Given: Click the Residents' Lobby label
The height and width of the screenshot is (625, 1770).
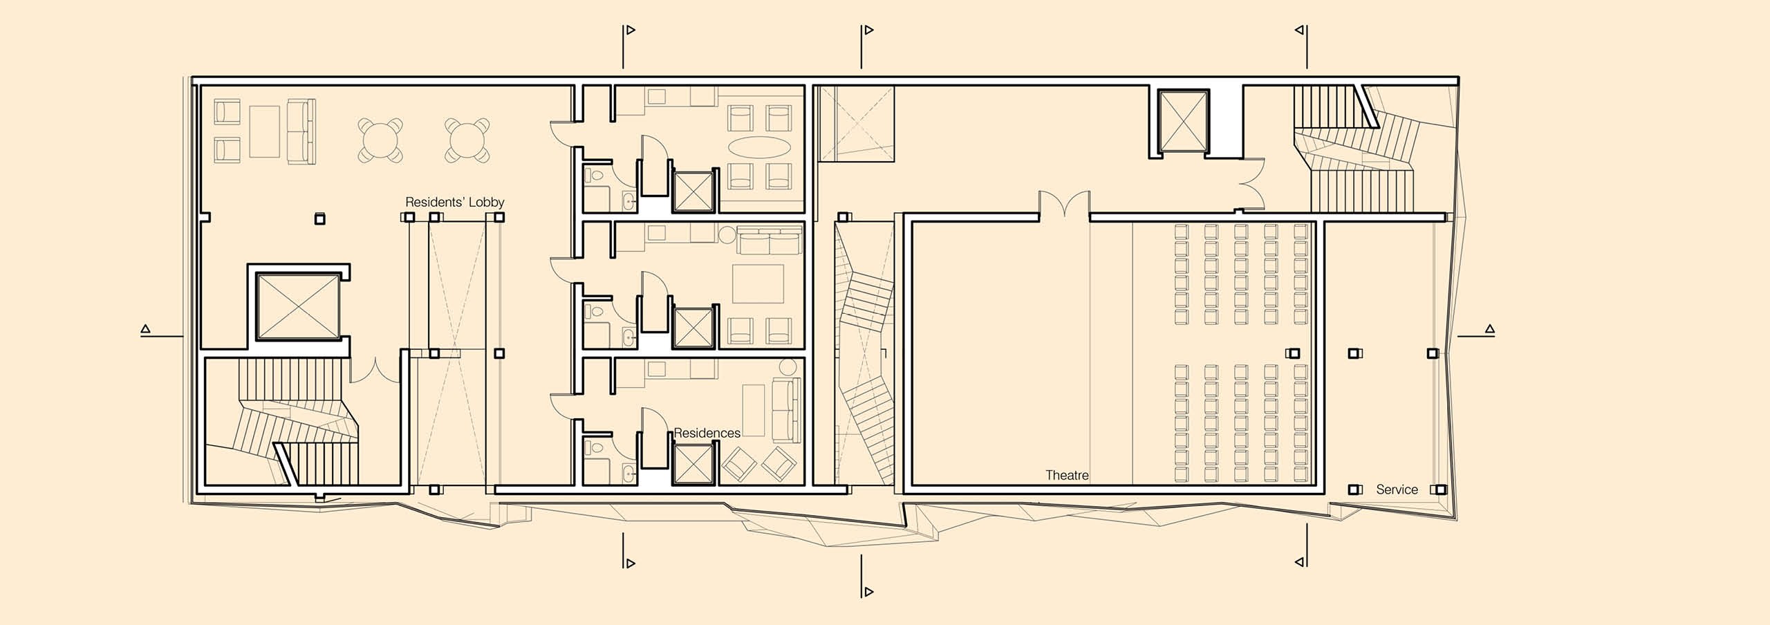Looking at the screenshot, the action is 454,203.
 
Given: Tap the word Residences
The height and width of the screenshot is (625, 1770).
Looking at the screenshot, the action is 707,433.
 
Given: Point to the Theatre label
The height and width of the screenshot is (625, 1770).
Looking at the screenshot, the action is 1067,476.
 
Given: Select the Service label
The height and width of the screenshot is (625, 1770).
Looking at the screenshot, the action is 1397,489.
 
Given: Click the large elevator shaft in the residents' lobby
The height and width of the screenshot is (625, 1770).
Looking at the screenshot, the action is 298,305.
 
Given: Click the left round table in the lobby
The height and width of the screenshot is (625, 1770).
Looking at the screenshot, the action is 380,140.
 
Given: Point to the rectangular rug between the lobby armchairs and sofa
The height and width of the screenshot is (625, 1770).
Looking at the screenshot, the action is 264,131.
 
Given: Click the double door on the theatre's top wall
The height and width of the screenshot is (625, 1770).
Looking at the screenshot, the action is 1065,204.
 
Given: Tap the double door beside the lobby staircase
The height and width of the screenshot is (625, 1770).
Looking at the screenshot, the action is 374,370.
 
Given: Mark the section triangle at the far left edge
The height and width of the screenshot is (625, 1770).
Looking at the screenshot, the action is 145,329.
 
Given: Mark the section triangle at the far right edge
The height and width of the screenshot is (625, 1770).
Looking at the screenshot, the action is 1490,329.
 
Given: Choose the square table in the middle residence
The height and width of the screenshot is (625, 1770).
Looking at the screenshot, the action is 758,283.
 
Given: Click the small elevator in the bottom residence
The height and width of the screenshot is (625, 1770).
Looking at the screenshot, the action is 692,465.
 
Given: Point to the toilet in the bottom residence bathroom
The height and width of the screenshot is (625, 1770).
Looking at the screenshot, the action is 593,448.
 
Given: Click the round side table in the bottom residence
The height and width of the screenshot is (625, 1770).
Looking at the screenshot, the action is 788,367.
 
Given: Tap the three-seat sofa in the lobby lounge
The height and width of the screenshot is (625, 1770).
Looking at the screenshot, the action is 301,131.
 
